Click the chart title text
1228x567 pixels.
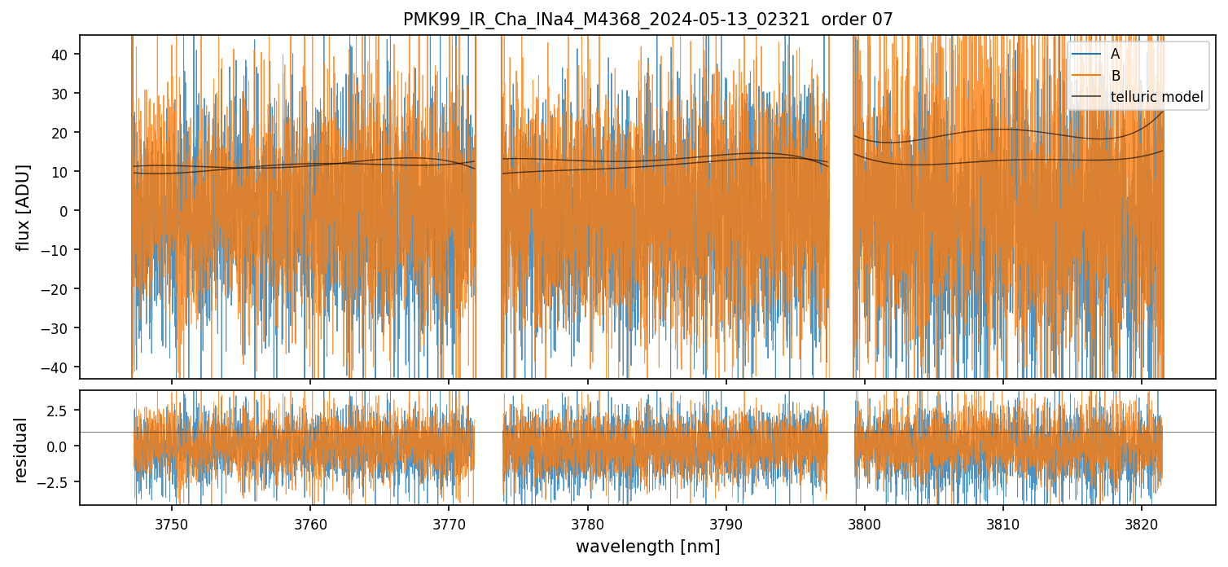pos(647,20)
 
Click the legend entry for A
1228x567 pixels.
pos(1115,54)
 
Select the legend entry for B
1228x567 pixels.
pos(1115,76)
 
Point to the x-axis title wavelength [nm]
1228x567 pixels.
pos(647,547)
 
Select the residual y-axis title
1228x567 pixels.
pos(21,450)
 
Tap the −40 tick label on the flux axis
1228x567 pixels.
pos(59,367)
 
